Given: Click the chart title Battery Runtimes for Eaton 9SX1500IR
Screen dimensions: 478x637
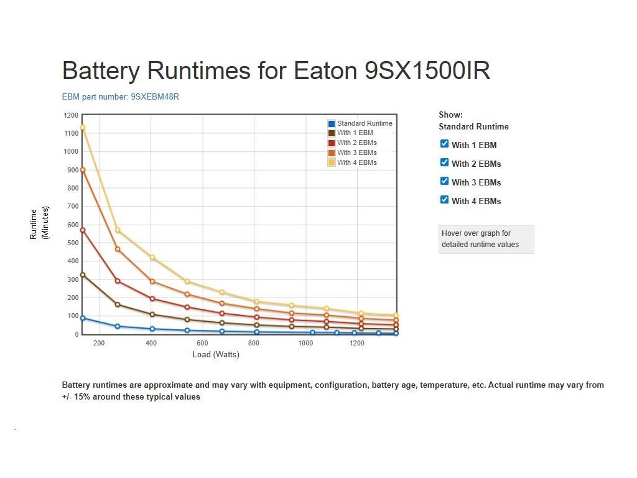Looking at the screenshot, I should coord(276,71).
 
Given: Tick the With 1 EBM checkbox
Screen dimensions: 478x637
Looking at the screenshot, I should coord(444,144).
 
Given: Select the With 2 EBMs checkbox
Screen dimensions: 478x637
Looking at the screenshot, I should coord(444,162).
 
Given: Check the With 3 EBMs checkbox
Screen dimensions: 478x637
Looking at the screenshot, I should coord(444,181).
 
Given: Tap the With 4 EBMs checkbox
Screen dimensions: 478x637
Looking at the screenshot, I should coord(444,200).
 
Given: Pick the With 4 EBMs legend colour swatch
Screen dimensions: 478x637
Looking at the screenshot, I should coord(332,162).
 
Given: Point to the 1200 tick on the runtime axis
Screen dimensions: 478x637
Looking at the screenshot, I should coord(72,115).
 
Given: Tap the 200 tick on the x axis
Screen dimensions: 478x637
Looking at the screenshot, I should coord(99,344).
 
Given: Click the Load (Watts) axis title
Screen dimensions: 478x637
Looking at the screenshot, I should coord(216,355).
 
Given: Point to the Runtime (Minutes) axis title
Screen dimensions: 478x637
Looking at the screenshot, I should coord(39,223).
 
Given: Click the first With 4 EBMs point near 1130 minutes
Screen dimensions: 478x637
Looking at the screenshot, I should coord(83,128).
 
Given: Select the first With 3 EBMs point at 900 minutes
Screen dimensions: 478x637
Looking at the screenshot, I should coord(83,170).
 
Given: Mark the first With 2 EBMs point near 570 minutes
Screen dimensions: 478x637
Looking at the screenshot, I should coord(83,230).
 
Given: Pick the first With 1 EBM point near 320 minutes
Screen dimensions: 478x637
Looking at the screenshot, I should coord(83,275).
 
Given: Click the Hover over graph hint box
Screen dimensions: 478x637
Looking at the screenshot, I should coord(486,239).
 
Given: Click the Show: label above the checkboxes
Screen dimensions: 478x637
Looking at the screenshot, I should coord(450,115).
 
